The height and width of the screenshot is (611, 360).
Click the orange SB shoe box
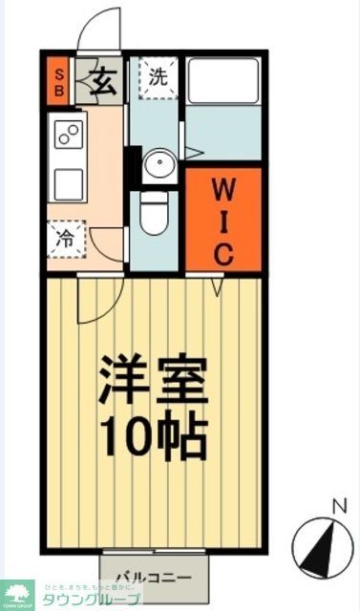pos(57,82)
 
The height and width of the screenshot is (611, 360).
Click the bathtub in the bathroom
pos(222,83)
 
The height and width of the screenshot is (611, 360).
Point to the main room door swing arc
pos(95,301)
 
